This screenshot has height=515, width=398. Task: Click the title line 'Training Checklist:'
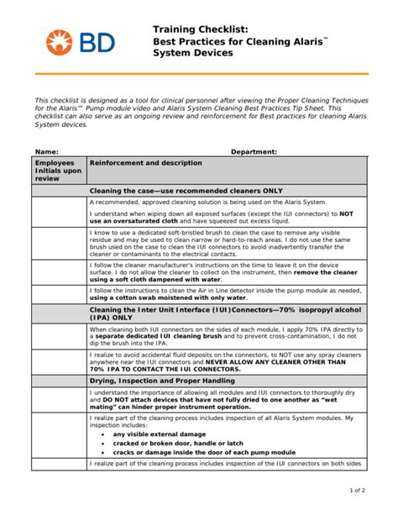(196, 29)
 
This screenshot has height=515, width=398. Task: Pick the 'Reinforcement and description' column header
(145, 163)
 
